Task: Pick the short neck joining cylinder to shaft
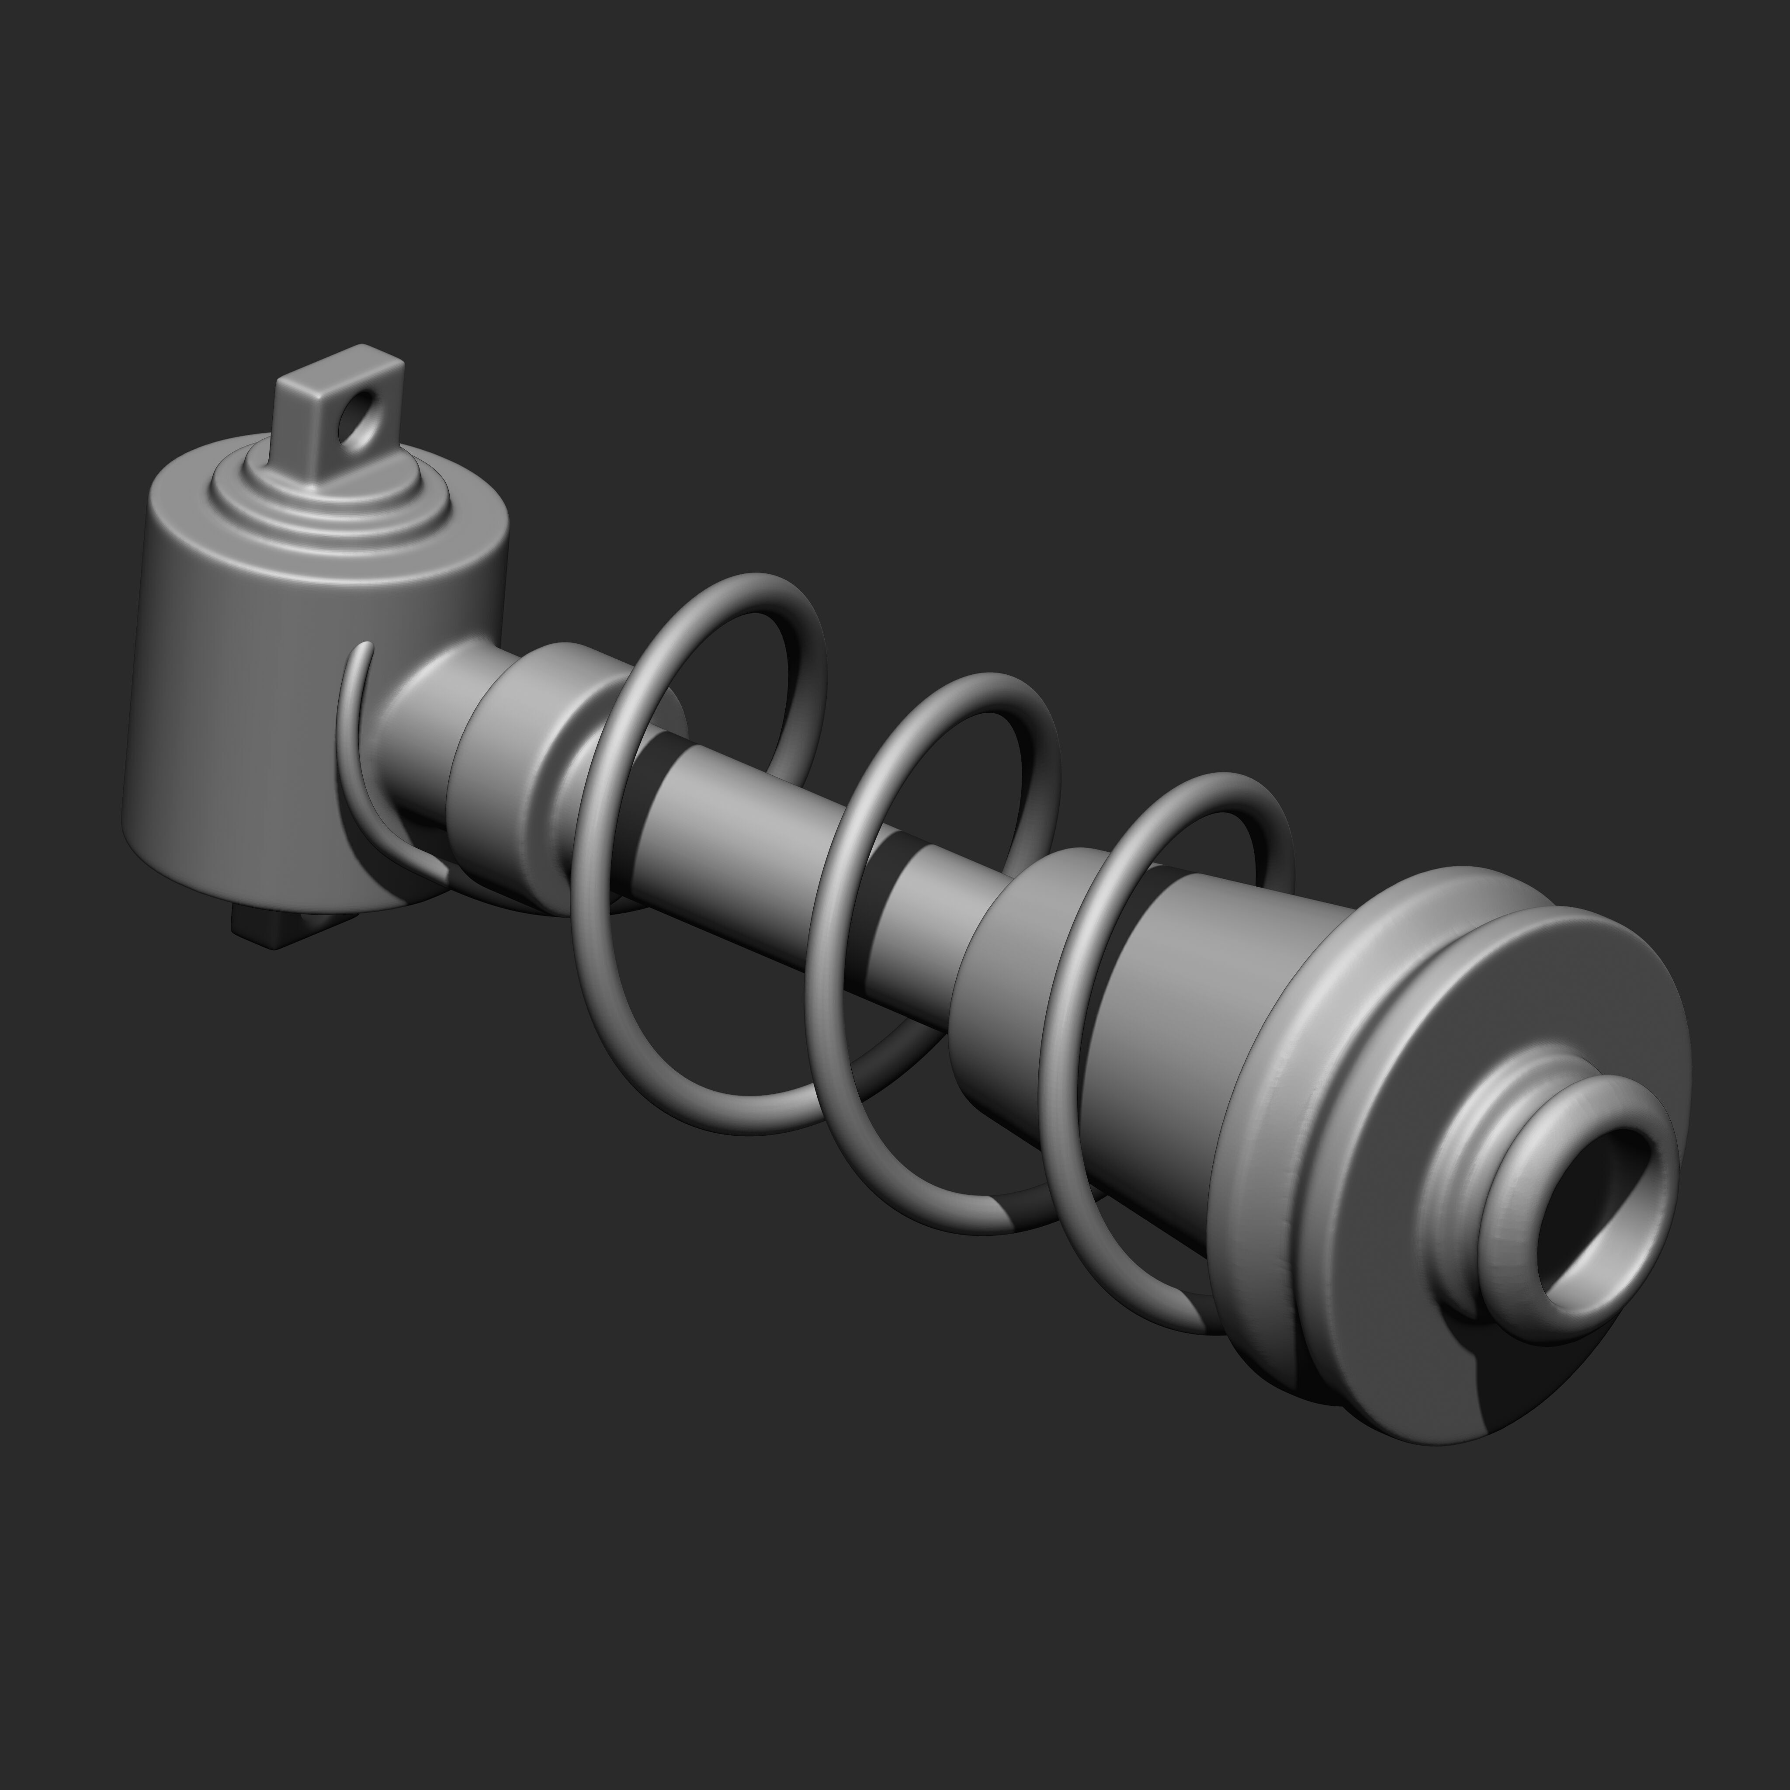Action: pyautogui.click(x=422, y=732)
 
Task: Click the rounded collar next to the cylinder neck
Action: pyautogui.click(x=519, y=769)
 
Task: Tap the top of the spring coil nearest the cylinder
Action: pyautogui.click(x=741, y=586)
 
